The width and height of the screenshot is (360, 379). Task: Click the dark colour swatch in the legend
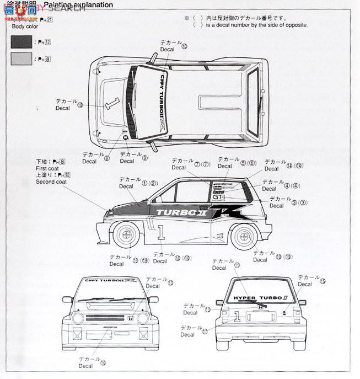point(20,41)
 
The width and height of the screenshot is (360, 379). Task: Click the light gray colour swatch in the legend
point(20,58)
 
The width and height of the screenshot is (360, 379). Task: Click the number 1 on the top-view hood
point(113,103)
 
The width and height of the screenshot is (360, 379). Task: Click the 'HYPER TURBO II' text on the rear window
point(252,298)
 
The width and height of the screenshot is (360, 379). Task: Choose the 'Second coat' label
point(51,182)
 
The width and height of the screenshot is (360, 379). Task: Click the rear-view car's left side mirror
point(219,302)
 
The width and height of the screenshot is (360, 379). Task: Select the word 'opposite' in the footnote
point(295,25)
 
